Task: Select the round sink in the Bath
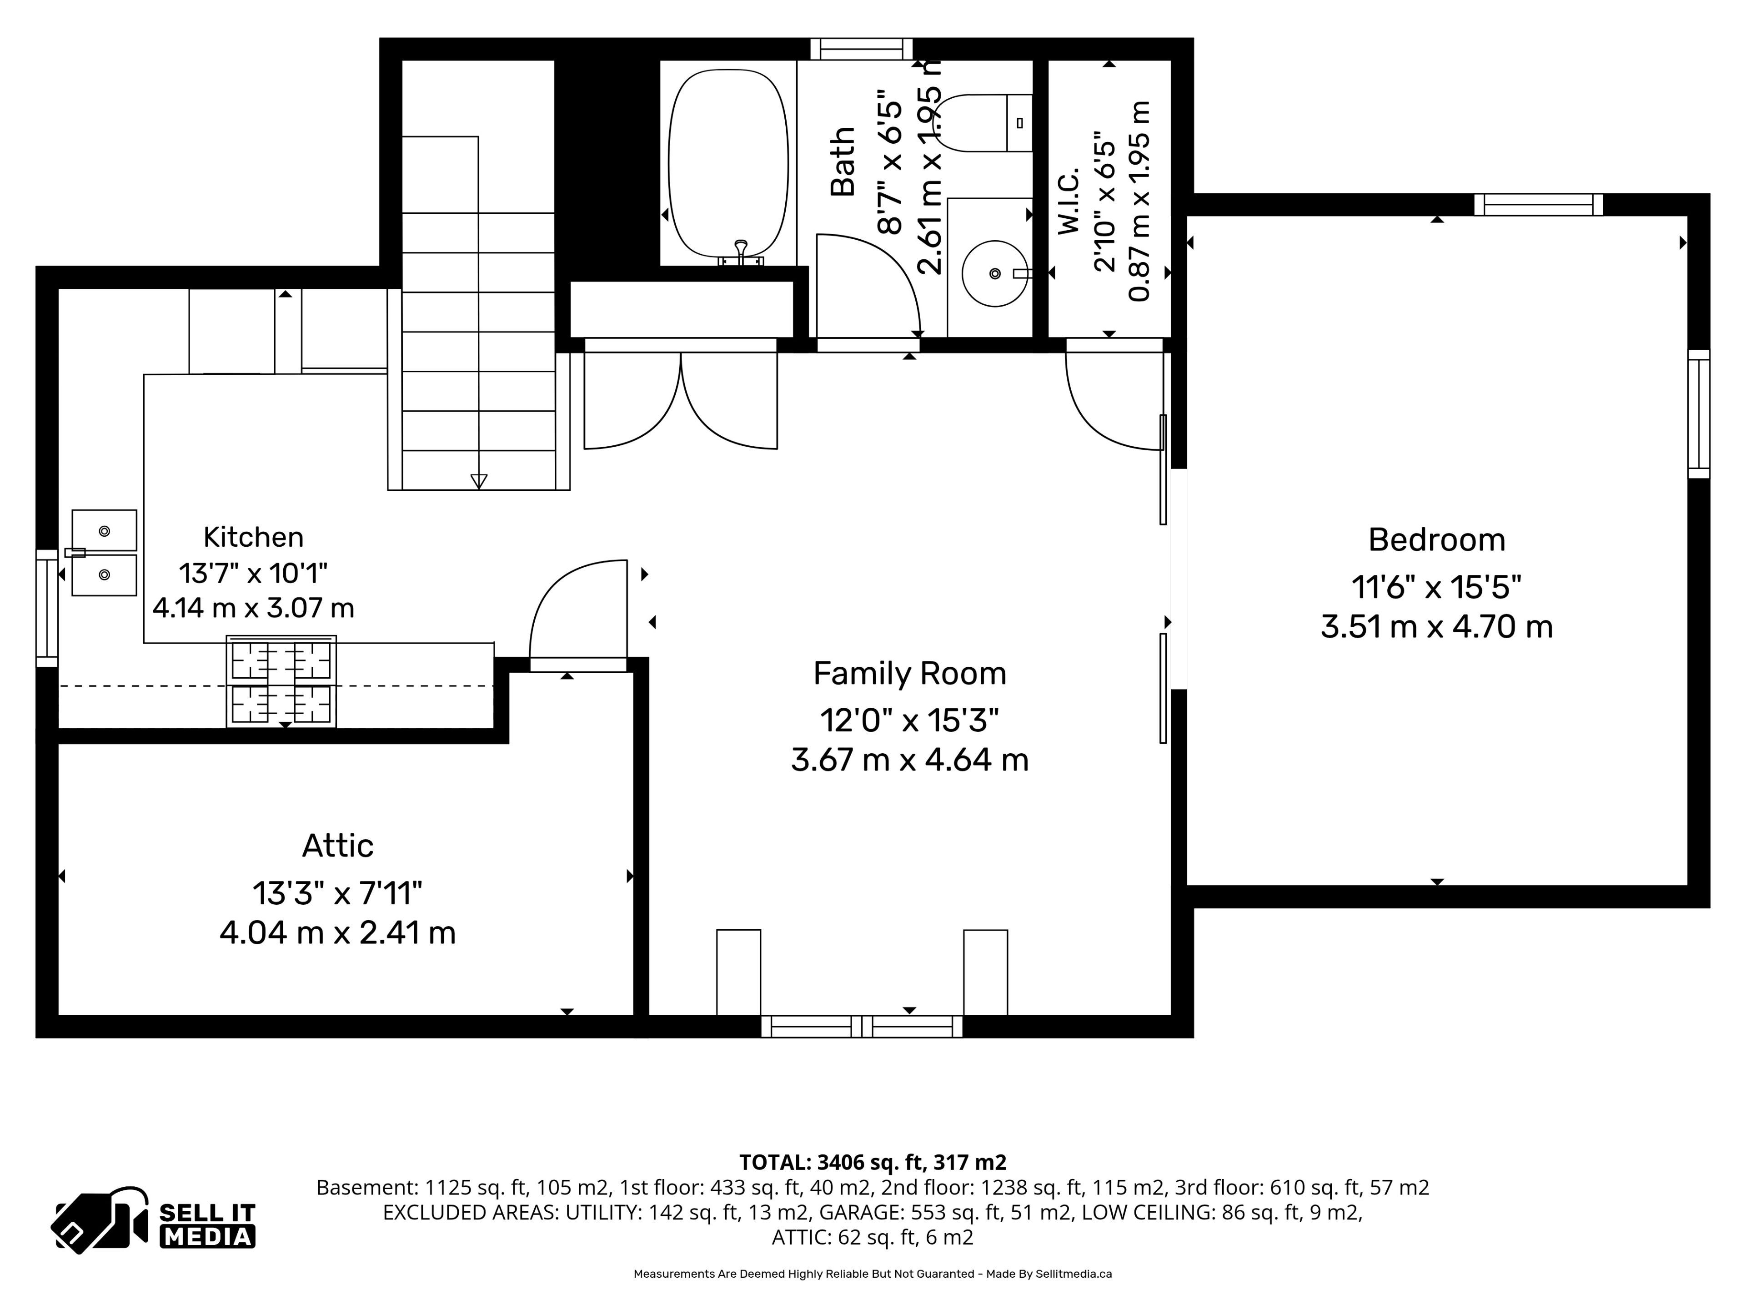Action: click(994, 273)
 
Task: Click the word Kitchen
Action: click(253, 537)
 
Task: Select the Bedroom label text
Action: click(1436, 540)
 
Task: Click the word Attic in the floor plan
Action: click(338, 846)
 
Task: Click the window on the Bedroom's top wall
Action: click(1538, 205)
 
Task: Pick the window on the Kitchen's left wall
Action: click(47, 609)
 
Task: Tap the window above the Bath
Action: click(862, 49)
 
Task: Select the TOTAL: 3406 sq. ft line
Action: click(873, 1162)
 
